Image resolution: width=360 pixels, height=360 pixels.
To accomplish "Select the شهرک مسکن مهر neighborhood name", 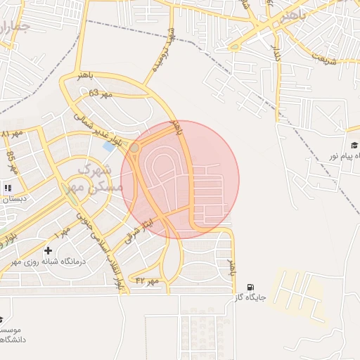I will pyautogui.click(x=95, y=179).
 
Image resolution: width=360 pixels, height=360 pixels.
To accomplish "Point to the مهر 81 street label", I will pyautogui.click(x=12, y=133).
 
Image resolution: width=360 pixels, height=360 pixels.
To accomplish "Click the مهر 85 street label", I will pyautogui.click(x=11, y=160).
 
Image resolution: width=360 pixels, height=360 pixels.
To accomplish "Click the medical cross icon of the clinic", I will pyautogui.click(x=48, y=250).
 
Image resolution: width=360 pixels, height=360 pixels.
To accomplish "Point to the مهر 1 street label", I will pyautogui.click(x=63, y=230).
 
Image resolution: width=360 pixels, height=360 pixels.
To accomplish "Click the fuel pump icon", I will pyautogui.click(x=250, y=287).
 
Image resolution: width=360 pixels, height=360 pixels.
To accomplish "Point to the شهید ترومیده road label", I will pyautogui.click(x=172, y=45).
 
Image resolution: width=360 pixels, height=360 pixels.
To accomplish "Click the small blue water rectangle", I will pyautogui.click(x=109, y=146).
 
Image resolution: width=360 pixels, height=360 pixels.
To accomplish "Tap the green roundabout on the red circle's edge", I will pyautogui.click(x=134, y=148).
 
